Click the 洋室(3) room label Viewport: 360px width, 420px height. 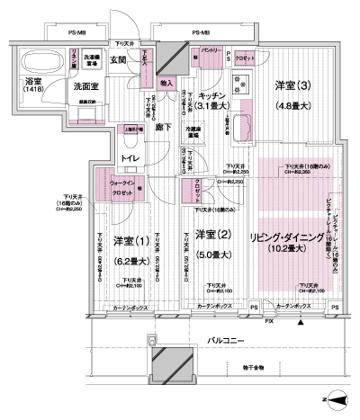click(x=292, y=86)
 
